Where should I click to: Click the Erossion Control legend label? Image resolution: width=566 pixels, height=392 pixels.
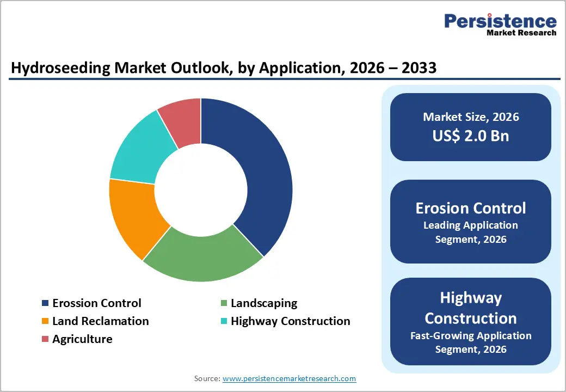(x=96, y=303)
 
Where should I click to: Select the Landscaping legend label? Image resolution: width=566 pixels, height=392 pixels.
(x=264, y=303)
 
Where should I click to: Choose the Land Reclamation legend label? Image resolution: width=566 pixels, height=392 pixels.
(x=100, y=321)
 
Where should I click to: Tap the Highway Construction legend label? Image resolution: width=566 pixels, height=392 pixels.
(x=290, y=321)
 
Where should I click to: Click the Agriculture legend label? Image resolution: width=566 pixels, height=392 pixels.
(x=82, y=339)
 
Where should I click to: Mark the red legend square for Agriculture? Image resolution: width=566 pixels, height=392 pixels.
(x=45, y=339)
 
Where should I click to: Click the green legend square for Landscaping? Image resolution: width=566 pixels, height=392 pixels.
(x=224, y=303)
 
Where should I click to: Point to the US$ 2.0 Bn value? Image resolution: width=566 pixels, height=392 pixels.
(x=471, y=136)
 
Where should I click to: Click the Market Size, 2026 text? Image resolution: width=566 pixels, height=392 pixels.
(x=471, y=117)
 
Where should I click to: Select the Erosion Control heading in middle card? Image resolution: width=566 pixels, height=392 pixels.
(x=471, y=208)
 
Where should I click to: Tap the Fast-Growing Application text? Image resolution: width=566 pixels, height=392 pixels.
(x=471, y=336)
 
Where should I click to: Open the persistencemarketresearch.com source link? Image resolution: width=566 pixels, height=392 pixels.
(x=289, y=378)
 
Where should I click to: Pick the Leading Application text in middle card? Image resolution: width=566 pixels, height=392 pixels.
(x=471, y=225)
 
